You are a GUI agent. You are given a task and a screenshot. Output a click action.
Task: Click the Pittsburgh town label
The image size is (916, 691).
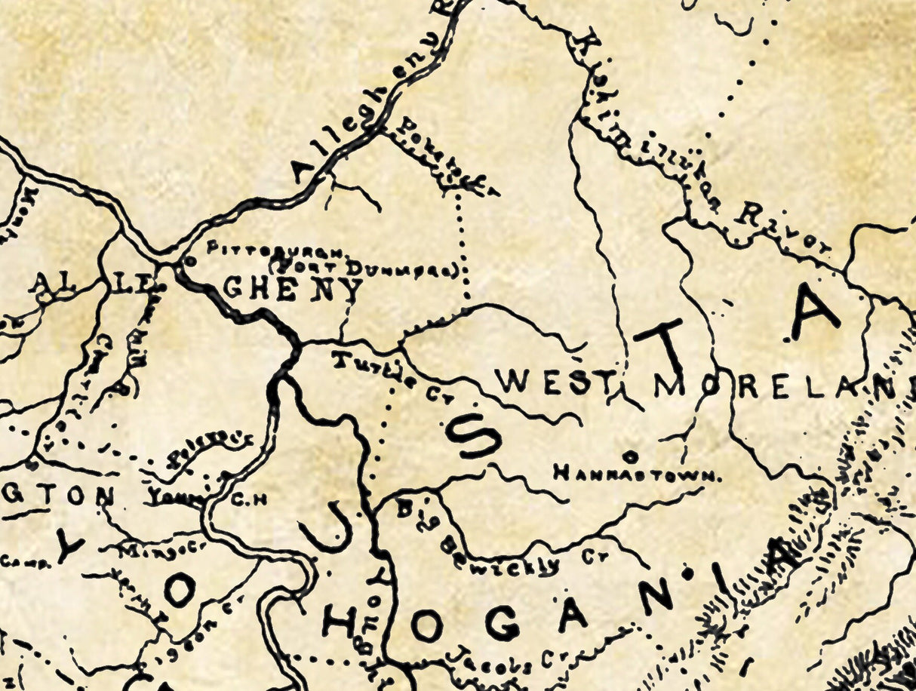click(275, 249)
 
